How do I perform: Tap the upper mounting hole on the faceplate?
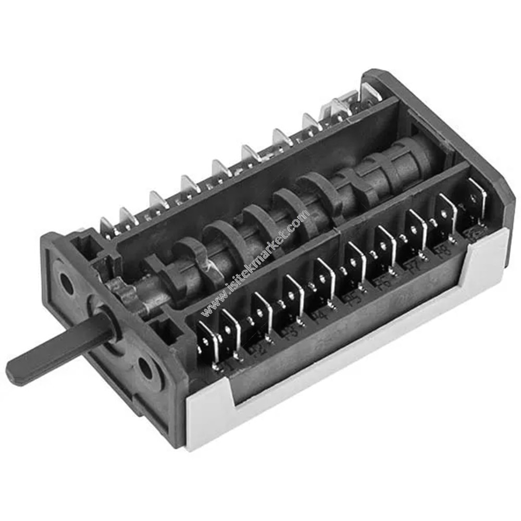pos(67,282)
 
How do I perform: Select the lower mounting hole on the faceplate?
pos(145,369)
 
